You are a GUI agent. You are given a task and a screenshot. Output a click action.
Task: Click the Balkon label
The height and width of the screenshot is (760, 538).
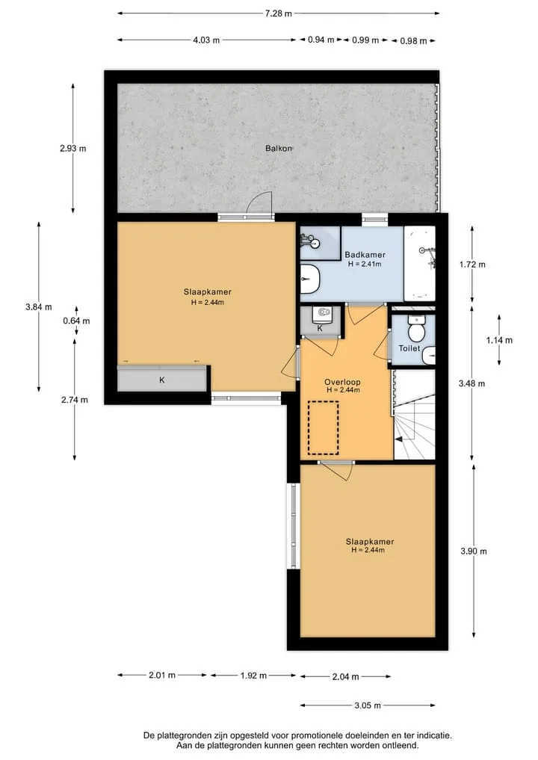[x=279, y=148]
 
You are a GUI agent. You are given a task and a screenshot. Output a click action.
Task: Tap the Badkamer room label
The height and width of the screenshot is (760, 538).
[x=365, y=255]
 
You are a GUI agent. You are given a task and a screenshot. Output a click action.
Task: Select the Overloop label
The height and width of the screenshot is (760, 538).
[x=342, y=382]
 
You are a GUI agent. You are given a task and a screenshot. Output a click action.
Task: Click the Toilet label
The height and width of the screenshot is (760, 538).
[x=409, y=348]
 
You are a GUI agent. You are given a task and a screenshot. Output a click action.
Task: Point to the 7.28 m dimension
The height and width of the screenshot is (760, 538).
[x=278, y=13]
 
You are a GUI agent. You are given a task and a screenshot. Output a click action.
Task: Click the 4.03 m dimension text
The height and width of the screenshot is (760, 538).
[x=206, y=40]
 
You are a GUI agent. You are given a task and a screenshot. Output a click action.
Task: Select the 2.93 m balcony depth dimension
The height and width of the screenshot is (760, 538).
[x=73, y=148]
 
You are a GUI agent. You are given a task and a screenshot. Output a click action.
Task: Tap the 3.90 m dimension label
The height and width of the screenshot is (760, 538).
[x=474, y=551]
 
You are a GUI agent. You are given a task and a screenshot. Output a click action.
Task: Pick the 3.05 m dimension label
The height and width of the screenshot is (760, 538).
[x=368, y=705]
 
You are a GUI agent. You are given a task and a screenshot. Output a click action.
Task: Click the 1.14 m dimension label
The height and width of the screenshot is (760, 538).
[x=499, y=340]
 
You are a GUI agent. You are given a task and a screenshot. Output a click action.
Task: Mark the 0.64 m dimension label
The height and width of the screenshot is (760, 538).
[x=76, y=321]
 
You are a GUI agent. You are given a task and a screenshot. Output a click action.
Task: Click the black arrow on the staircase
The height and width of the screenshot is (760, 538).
[x=398, y=439]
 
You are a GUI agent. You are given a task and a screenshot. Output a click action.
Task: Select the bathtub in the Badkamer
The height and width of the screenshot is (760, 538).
[x=420, y=263]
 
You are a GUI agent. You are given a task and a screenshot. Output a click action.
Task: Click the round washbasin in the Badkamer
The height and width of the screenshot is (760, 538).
[x=310, y=279]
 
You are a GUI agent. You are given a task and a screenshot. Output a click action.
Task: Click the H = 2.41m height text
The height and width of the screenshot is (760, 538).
[x=365, y=264]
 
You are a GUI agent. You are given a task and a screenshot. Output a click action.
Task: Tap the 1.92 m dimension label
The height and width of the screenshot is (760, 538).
[x=253, y=675]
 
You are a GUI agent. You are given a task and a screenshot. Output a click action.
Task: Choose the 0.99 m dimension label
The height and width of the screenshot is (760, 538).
[x=365, y=40]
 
